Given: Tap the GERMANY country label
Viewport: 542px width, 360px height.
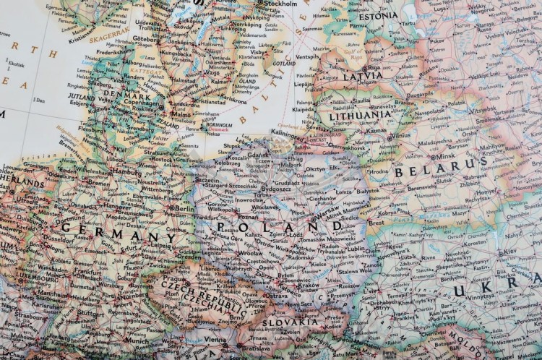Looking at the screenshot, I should pyautogui.click(x=118, y=232).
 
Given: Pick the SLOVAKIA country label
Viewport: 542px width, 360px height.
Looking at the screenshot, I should pyautogui.click(x=289, y=322).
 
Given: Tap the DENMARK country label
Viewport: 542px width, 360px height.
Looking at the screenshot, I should pyautogui.click(x=127, y=95).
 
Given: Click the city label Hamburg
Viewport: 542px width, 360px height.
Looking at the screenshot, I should pyautogui.click(x=127, y=173).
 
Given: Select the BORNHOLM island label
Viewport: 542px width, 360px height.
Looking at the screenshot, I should pyautogui.click(x=219, y=123).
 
